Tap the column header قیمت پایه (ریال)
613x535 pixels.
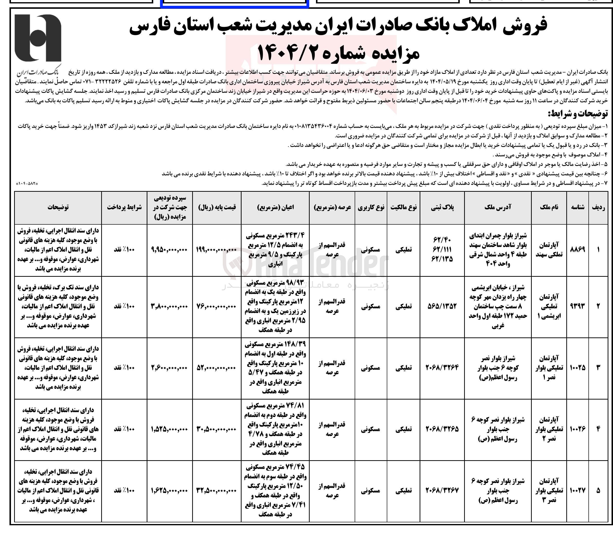217,207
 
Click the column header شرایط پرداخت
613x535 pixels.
124,207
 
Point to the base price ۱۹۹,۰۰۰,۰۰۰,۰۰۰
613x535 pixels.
217,250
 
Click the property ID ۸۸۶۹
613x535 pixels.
577,250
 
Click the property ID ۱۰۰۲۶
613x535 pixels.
577,429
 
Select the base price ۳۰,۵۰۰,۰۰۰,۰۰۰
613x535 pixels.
217,429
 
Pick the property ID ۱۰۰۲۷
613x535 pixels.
577,490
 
